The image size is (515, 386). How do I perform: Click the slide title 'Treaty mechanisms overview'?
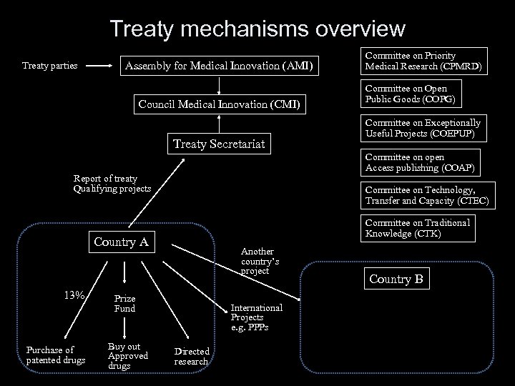point(257,29)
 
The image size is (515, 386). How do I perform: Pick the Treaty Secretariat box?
point(219,144)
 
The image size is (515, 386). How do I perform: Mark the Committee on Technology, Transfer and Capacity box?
point(426,195)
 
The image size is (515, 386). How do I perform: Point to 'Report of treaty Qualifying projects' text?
point(112,184)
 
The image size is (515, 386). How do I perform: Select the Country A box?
point(122,242)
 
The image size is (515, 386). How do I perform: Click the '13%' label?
point(74,295)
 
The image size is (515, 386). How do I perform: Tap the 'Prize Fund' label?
point(124,303)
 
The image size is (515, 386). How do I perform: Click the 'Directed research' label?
point(192,356)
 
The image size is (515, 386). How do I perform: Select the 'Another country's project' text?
point(260,262)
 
